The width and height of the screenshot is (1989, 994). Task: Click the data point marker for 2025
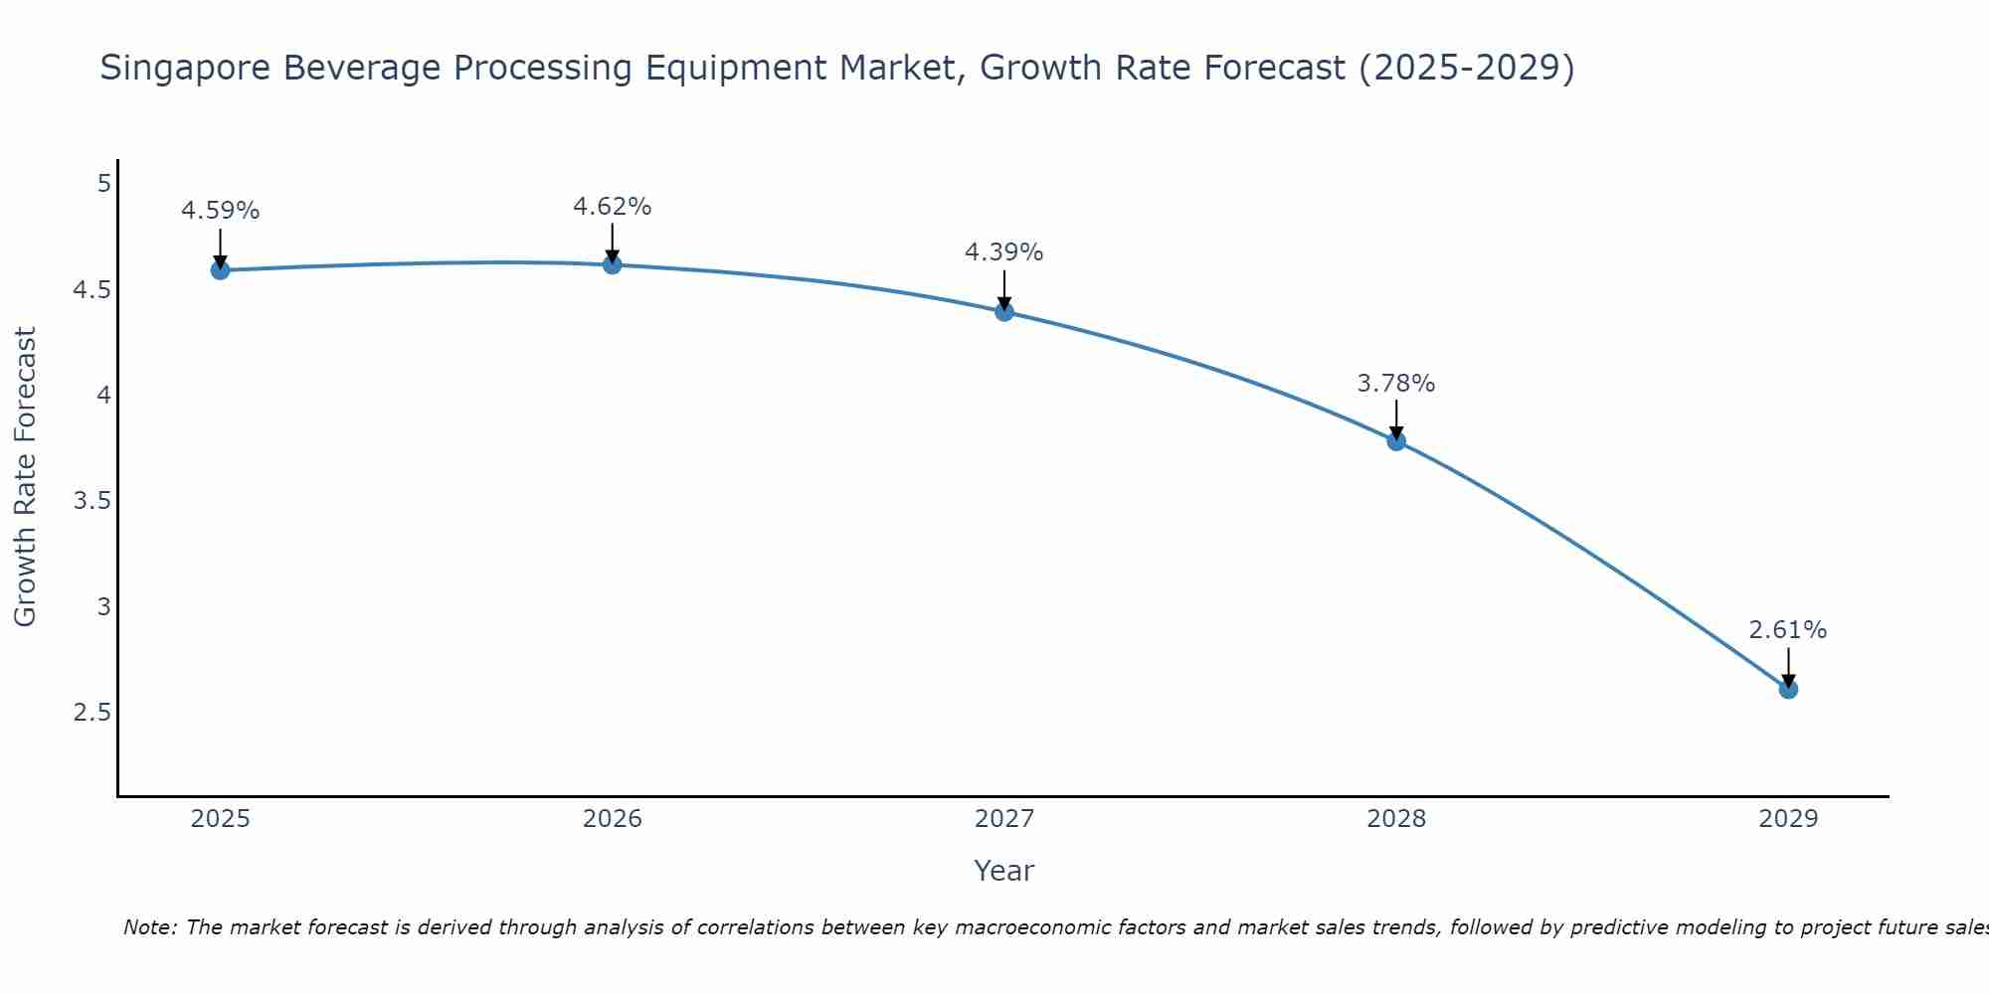click(220, 270)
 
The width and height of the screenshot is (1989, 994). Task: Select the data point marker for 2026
click(613, 264)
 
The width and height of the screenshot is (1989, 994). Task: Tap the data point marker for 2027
click(1004, 312)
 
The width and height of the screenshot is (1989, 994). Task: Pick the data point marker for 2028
click(1396, 441)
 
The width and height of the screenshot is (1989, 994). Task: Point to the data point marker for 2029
click(1788, 689)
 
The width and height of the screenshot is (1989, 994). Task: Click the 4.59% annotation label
click(220, 211)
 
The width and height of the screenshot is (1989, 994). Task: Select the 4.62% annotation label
click(613, 207)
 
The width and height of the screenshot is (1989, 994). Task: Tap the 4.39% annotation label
click(1004, 252)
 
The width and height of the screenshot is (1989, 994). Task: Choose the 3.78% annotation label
click(1396, 384)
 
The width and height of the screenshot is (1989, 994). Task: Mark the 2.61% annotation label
click(1788, 630)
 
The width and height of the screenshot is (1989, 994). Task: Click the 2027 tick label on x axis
click(1004, 819)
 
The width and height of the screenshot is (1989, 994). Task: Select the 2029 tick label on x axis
click(1788, 819)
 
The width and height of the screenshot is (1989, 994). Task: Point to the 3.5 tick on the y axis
click(91, 501)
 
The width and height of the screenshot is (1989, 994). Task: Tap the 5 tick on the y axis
click(103, 184)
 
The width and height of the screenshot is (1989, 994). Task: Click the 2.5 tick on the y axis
click(91, 713)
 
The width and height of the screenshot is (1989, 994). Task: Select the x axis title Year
click(1004, 871)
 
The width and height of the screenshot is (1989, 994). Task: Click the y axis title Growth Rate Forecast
click(25, 477)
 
